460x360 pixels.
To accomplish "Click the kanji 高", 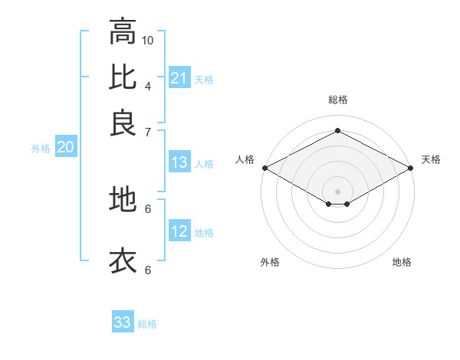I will (123, 31).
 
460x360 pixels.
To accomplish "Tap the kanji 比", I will (123, 77).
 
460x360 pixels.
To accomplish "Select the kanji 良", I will (123, 122).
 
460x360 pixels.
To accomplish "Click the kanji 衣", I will (123, 260).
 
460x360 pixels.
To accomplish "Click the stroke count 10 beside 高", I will (148, 40).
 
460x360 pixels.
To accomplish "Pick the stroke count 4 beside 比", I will (148, 86).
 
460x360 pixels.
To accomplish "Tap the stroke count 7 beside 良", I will (148, 131).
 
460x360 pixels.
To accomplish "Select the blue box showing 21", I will (179, 78).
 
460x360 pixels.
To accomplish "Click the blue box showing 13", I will (179, 162).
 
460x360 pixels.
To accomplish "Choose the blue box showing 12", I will (179, 231).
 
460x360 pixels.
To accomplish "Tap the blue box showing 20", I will (65, 148).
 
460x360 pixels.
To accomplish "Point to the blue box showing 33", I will (123, 322).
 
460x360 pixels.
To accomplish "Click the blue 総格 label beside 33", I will (148, 324).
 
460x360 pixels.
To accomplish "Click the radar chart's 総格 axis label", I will (337, 100).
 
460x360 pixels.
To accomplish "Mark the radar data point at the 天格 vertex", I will (412, 168).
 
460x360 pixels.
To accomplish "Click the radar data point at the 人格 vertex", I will (264, 168).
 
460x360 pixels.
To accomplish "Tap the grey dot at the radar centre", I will (337, 190).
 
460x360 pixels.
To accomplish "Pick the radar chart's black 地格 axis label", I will (402, 263).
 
